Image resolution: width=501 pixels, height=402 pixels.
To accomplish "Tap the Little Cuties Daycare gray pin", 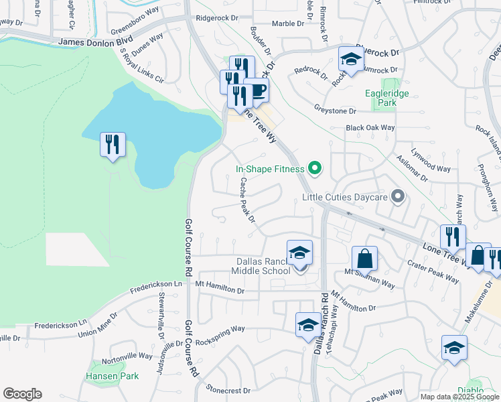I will tap(398, 197).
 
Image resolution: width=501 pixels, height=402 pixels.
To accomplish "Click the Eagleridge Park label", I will tap(386, 98).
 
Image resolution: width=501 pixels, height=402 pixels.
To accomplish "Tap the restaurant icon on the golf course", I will tap(112, 145).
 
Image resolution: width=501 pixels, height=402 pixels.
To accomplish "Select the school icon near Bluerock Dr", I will tap(350, 59).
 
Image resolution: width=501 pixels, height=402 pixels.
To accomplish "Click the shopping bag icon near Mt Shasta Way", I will tap(364, 259).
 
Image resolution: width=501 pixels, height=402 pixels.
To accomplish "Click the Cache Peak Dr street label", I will tap(247, 200).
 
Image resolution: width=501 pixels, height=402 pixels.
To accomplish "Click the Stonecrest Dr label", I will tap(228, 390).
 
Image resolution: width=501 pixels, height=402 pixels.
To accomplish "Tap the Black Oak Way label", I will tap(370, 128).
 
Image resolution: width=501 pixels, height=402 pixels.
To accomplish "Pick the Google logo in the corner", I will tap(22, 394).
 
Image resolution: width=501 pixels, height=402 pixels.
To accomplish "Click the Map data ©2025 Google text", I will tap(459, 397).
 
